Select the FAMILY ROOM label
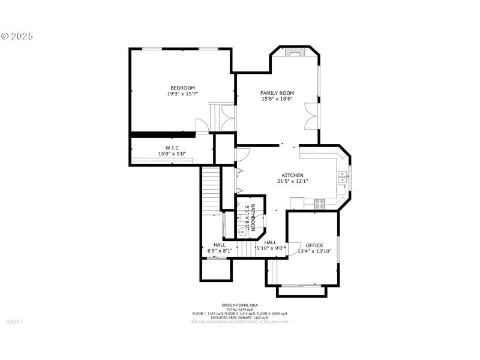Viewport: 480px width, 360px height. [277, 92]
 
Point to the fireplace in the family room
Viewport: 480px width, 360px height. [295, 53]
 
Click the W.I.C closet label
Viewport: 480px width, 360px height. [172, 148]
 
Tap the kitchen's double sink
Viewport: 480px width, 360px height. [342, 176]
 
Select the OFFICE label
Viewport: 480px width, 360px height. [314, 245]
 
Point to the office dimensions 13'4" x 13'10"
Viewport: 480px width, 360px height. [314, 251]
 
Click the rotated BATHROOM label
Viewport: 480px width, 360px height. [253, 217]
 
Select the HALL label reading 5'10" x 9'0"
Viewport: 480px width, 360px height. [270, 245]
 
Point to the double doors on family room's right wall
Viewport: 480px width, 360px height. [310, 115]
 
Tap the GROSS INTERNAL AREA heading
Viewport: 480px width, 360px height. [239, 305]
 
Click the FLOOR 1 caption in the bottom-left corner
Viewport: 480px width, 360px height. [14, 322]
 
